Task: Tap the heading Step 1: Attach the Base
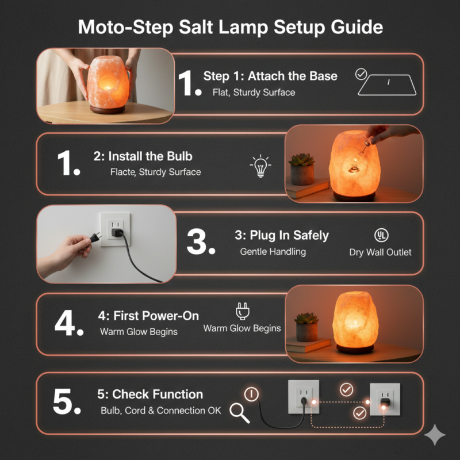coord(270,76)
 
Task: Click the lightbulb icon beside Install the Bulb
coord(260,166)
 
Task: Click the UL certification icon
coord(380,235)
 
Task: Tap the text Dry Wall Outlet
coord(380,252)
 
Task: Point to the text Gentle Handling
coord(273,252)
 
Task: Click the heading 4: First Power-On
coord(148,316)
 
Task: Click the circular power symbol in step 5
coord(251,394)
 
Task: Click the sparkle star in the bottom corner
coord(435,435)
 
